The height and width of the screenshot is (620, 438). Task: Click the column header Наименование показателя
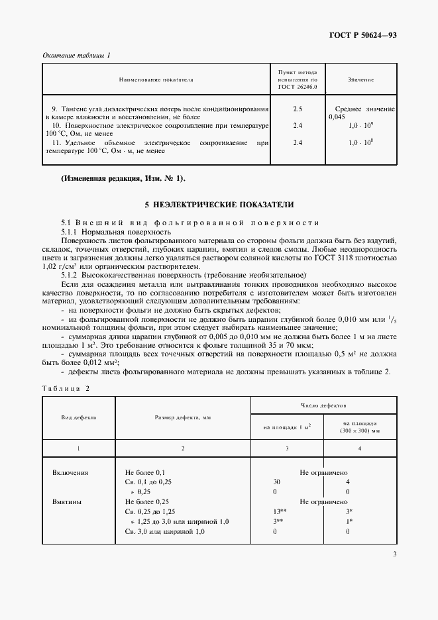tap(156, 79)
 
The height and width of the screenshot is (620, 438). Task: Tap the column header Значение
tap(360, 79)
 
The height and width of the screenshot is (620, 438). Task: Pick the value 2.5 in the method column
tap(298, 108)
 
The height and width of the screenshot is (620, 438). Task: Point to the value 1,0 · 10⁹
tap(361, 125)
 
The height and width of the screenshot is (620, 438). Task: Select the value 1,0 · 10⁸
tap(361, 142)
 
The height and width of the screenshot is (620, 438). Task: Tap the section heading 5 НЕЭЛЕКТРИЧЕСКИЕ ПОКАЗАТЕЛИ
tap(219, 205)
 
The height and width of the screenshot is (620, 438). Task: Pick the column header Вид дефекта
tap(79, 419)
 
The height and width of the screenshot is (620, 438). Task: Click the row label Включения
tap(70, 473)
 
